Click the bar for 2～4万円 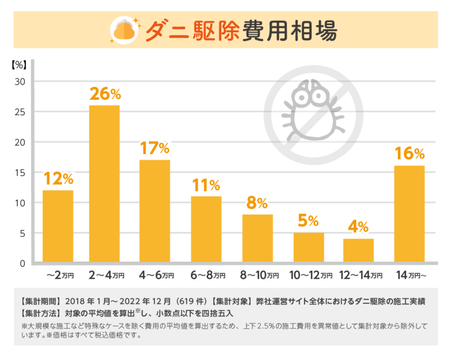[104, 184]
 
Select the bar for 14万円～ [409, 214]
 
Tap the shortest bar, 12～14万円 [358, 250]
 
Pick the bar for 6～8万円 [206, 229]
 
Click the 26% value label [105, 94]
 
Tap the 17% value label [155, 149]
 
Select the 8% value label [257, 203]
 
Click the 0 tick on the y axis [22, 263]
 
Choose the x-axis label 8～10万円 [260, 275]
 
